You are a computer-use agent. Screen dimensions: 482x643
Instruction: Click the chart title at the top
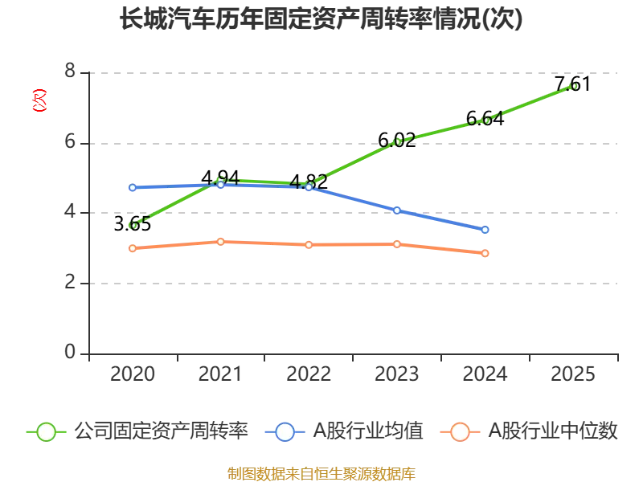(x=321, y=18)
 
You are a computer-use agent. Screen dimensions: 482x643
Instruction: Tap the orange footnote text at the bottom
(x=321, y=473)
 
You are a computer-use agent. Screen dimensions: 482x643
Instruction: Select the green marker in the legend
(x=47, y=432)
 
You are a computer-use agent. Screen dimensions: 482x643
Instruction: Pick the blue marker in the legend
(x=285, y=432)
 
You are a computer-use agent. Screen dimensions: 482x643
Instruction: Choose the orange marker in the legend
(x=460, y=432)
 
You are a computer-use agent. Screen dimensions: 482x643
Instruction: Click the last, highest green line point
(x=573, y=86)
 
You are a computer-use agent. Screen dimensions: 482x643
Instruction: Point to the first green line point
(x=133, y=226)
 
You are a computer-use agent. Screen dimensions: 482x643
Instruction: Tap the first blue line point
(x=133, y=188)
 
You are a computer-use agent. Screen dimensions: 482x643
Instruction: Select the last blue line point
(x=485, y=230)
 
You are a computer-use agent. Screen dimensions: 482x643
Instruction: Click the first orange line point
(x=133, y=248)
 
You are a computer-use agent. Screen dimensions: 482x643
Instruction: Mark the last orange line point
(x=485, y=254)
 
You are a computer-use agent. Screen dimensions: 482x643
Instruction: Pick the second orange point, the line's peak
(x=220, y=241)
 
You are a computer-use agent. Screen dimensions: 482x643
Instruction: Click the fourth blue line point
(x=397, y=210)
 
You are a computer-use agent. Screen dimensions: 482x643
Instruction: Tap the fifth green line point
(x=485, y=120)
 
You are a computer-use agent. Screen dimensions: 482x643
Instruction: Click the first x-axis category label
(x=133, y=374)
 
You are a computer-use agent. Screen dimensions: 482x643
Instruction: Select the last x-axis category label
(x=572, y=374)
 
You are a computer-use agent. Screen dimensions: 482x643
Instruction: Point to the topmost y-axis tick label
(x=71, y=73)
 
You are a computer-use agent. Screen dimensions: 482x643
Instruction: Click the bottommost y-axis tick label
(x=71, y=349)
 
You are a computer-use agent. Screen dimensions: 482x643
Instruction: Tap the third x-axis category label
(x=309, y=374)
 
